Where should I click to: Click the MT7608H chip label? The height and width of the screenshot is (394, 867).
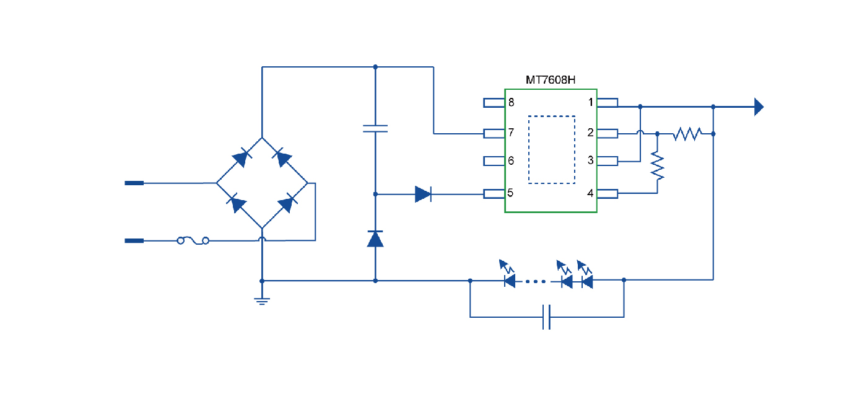(x=551, y=81)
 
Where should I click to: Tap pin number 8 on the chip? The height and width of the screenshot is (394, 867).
(x=511, y=102)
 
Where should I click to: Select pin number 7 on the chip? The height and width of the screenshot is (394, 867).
(x=511, y=133)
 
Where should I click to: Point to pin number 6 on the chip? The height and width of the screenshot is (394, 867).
(x=511, y=161)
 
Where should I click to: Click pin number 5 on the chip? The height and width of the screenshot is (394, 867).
(x=510, y=193)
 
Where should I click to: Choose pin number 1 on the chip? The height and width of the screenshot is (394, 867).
(x=591, y=102)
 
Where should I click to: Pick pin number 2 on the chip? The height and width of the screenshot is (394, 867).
(x=591, y=133)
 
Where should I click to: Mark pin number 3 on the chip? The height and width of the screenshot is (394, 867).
(x=591, y=161)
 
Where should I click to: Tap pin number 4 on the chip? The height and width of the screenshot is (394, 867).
(x=591, y=193)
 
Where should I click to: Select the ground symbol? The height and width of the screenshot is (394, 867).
(x=262, y=301)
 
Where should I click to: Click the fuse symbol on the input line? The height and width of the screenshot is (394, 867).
(x=193, y=240)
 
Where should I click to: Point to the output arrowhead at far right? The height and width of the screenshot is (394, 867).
(x=758, y=107)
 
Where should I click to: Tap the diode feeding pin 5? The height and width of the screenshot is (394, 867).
(x=423, y=195)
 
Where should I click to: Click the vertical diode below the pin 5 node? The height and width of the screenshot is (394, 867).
(x=375, y=239)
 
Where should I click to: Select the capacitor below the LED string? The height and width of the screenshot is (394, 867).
(x=546, y=317)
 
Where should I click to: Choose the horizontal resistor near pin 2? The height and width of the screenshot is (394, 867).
(x=687, y=133)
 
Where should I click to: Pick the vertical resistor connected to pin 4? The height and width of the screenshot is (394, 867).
(x=657, y=166)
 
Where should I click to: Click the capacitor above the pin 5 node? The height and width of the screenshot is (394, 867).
(x=375, y=129)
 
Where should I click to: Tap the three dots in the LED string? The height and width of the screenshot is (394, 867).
(x=536, y=281)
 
